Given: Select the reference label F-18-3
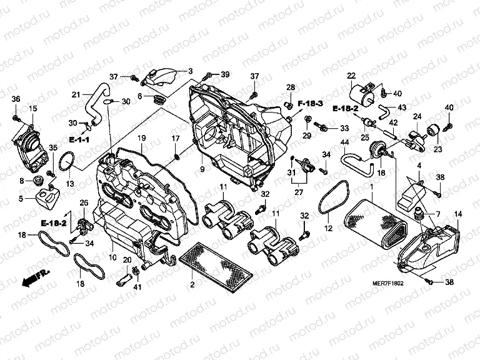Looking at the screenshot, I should (x=310, y=102).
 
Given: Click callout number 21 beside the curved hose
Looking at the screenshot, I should (x=76, y=95).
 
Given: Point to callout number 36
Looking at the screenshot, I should (x=16, y=99).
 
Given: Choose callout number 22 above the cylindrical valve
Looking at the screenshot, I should (x=351, y=76).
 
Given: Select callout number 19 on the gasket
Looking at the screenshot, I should (x=142, y=138).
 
